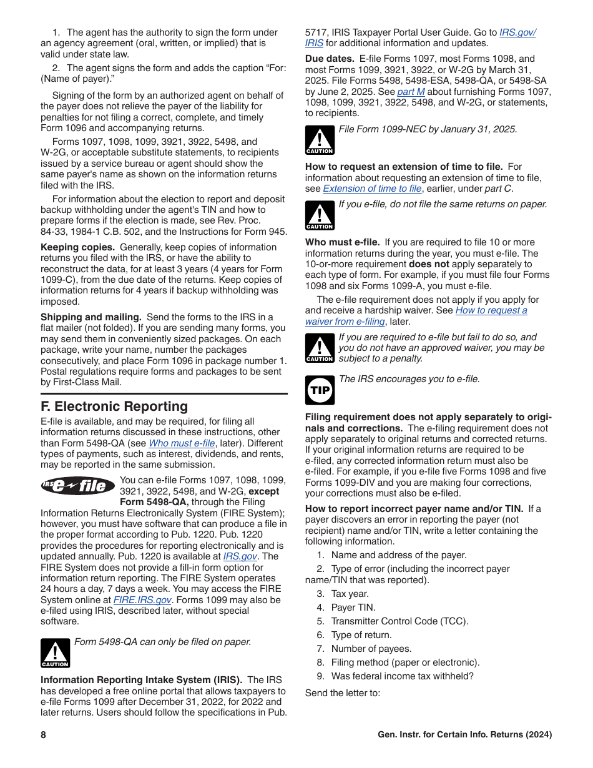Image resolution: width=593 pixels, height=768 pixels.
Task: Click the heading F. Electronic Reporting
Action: coord(114,406)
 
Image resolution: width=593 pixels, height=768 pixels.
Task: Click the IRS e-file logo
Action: coord(78,486)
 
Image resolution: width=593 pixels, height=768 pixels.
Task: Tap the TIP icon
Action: coord(320,390)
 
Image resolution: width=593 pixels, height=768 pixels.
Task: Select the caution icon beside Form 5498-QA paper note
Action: coord(55,653)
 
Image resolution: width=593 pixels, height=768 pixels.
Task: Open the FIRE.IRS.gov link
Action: coord(142,600)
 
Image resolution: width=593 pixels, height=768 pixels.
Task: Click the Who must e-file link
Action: coord(182,443)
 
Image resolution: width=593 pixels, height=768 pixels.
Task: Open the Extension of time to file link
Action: coord(372,189)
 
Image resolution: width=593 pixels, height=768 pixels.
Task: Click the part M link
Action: coord(411,92)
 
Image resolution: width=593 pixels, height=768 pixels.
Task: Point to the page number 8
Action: coord(44,735)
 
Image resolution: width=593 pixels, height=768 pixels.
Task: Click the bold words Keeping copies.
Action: coord(77,247)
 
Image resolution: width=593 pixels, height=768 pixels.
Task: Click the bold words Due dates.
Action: coord(330,59)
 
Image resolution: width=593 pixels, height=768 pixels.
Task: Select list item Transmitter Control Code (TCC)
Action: coord(399,621)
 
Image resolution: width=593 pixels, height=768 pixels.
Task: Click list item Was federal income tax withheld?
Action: coord(402,676)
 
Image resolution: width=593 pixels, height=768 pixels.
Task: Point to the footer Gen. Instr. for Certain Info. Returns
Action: coord(464,735)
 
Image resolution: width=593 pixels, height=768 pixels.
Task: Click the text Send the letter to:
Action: coord(343,693)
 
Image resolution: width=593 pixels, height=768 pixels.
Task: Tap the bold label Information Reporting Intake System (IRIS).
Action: coord(142,680)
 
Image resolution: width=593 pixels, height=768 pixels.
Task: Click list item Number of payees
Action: coord(371,649)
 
